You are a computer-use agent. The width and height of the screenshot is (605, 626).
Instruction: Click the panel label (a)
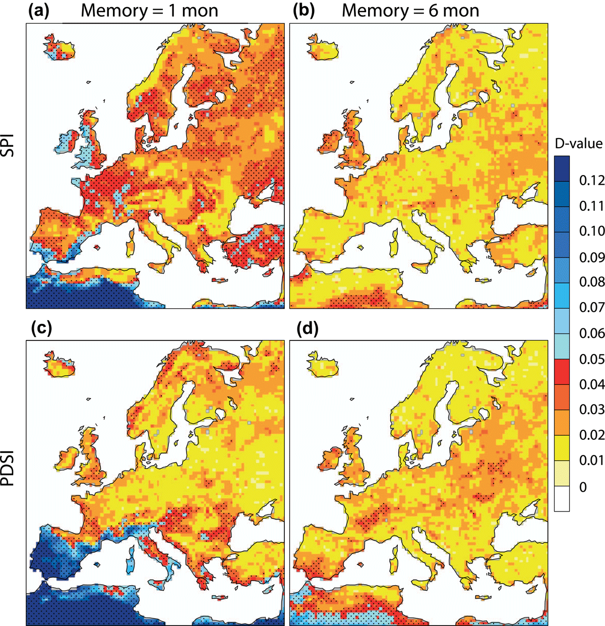point(39,11)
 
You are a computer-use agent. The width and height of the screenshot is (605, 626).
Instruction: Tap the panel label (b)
point(304,11)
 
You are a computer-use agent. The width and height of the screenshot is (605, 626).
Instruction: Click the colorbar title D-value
point(579,143)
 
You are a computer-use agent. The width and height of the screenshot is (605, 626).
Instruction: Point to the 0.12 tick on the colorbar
point(592,181)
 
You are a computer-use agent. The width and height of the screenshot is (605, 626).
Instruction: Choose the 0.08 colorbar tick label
point(592,282)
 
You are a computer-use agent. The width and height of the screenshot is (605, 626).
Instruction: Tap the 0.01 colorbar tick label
point(592,461)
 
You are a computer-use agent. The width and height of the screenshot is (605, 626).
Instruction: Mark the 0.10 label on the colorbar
point(592,232)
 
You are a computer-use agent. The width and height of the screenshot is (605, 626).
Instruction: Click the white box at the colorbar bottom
point(562,498)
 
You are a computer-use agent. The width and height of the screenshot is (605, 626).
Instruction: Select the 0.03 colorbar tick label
point(592,410)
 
